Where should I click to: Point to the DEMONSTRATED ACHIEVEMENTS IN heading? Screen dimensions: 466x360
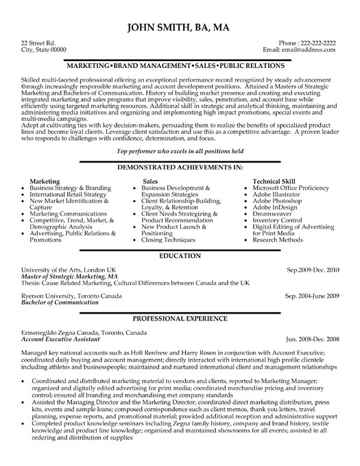coord(180,167)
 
